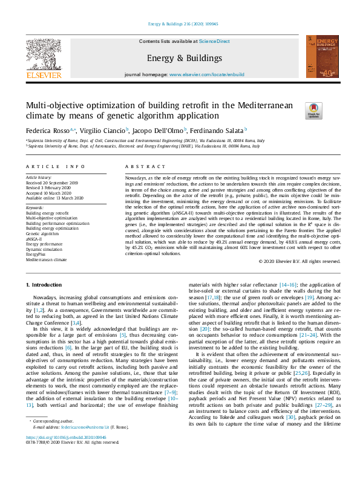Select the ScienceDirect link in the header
(215, 41)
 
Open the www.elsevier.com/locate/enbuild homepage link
(207, 74)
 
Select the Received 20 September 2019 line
(53, 183)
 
